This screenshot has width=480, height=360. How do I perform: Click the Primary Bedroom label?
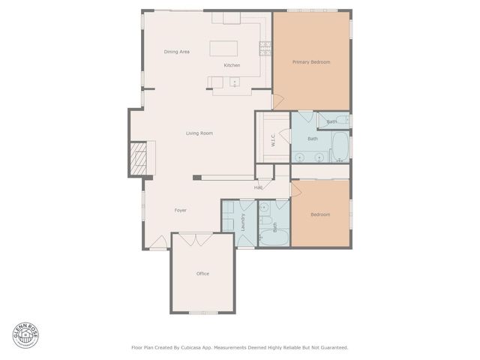coord(311,62)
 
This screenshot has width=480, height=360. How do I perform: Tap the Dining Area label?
coord(176,52)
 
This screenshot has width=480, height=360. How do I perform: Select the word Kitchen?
coord(232,66)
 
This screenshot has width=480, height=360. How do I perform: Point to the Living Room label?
coord(199,133)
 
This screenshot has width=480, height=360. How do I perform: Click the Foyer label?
coord(180,211)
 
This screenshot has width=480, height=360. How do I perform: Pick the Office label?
coord(202,274)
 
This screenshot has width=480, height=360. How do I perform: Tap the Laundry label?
coord(243,221)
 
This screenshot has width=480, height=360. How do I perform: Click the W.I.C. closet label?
coord(273,139)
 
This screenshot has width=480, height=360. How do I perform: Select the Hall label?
coord(258,187)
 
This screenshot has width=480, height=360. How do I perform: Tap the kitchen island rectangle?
coord(224,49)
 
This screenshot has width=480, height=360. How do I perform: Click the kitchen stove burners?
coord(265,48)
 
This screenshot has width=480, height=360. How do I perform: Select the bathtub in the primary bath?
coord(339,146)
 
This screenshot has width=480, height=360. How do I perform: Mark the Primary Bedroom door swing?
coord(277,100)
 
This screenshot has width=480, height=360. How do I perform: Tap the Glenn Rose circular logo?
coord(25,335)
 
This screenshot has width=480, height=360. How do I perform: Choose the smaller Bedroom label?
coord(320,214)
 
